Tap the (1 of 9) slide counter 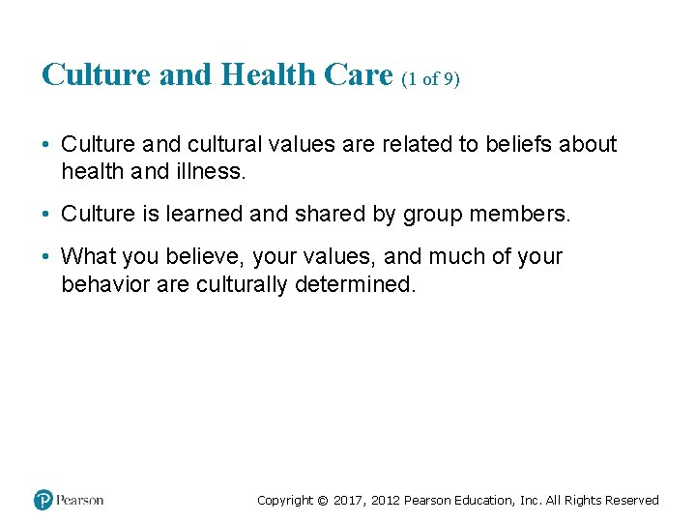429,79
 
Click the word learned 205,215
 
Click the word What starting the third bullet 90,257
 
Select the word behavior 102,286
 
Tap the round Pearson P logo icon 43,500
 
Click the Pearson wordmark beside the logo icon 79,500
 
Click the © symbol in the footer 323,501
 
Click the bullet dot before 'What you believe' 46,258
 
